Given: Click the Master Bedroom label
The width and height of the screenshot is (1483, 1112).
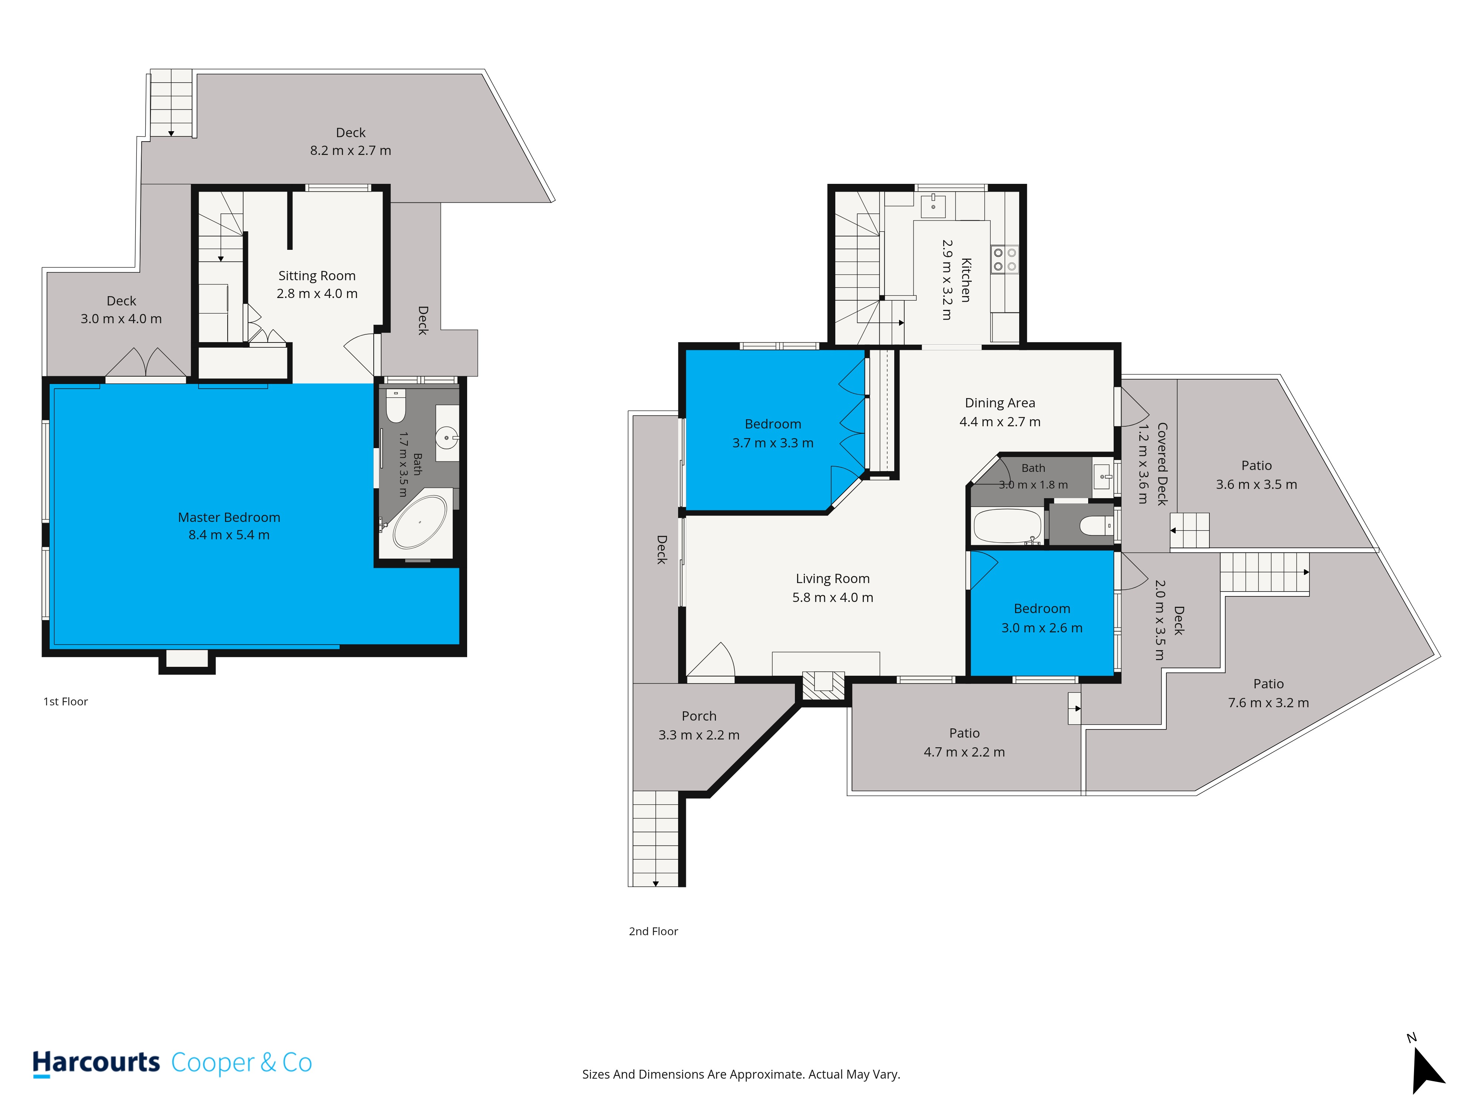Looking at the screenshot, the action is [229, 517].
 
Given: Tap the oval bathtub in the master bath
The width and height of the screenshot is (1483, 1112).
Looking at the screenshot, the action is [420, 523].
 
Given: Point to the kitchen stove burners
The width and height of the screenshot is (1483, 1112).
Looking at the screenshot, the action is [1005, 259].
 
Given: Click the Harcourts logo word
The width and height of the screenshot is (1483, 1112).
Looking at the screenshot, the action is [96, 1062].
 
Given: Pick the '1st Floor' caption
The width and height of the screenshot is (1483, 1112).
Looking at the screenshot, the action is [66, 701].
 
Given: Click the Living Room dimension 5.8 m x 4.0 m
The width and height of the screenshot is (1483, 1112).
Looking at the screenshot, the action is [833, 597].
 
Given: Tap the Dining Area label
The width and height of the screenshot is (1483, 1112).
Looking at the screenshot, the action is [1000, 403].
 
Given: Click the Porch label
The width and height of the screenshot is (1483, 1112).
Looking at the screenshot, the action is [698, 716].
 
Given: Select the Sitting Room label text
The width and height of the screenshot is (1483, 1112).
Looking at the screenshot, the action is [317, 275].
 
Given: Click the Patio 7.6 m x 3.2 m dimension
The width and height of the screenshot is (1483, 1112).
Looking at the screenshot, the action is [1268, 702].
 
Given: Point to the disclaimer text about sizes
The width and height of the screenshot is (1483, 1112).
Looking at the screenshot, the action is [741, 1075].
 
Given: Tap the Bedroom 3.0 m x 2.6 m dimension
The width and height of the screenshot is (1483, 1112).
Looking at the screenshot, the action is [1042, 628].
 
